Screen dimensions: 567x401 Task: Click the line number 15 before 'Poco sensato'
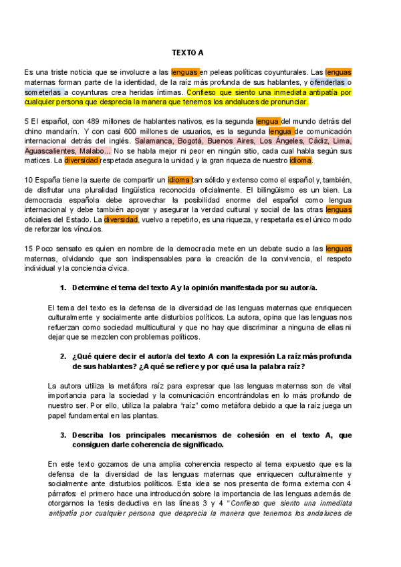pos(29,249)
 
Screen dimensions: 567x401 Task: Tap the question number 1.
pos(63,288)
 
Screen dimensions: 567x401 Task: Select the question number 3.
pos(63,435)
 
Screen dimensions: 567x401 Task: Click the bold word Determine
pos(94,288)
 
